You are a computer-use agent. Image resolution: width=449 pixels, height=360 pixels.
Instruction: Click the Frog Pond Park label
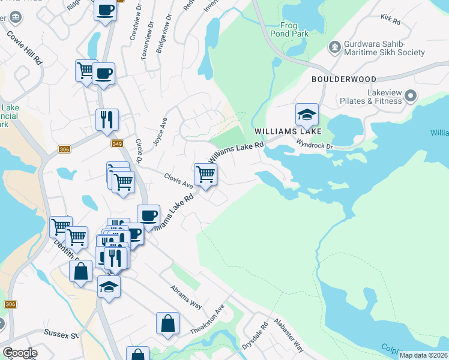point(294,29)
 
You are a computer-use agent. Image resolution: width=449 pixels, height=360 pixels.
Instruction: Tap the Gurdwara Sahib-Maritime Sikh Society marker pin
point(334,46)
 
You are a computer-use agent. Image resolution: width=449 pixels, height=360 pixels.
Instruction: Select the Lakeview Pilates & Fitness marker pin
point(411,95)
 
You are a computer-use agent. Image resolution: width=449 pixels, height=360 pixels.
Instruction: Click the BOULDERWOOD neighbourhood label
point(343,79)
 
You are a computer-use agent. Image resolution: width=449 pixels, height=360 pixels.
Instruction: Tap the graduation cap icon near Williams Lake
point(306,114)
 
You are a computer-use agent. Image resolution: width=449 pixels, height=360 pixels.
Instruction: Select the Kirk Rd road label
point(390,20)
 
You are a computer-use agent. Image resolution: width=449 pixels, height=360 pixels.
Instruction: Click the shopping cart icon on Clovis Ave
point(205,174)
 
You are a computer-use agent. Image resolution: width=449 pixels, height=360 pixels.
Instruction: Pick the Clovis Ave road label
point(179,180)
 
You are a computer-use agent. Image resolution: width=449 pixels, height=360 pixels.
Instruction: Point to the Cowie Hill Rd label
point(25,46)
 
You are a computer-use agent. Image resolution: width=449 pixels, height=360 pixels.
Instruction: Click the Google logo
point(19,353)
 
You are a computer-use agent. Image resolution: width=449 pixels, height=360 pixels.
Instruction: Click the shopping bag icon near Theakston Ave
point(168,323)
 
